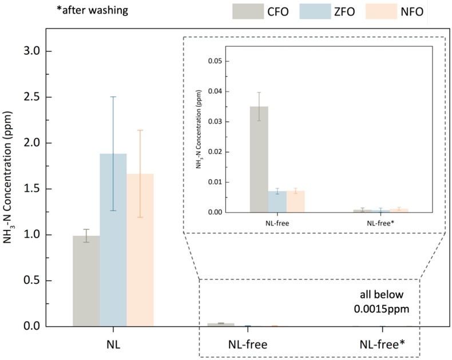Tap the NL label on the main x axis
click(113, 345)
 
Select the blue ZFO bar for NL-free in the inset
click(277, 201)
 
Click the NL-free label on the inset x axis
click(277, 223)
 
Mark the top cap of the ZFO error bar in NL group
click(113, 97)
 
